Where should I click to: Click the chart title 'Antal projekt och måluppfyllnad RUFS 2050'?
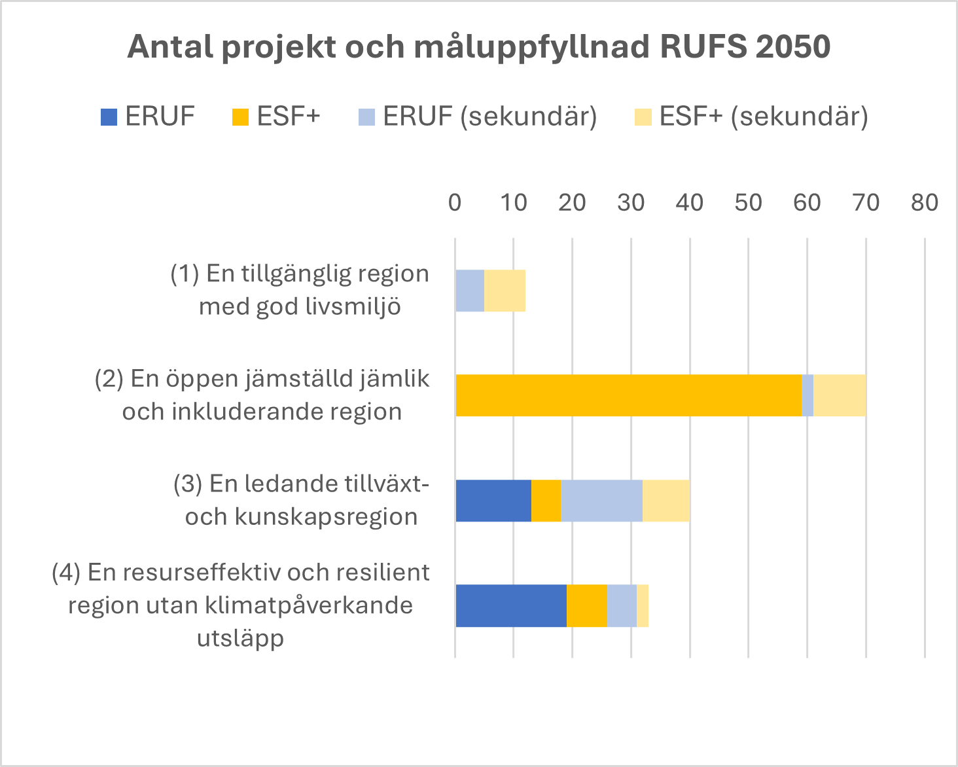coord(478,47)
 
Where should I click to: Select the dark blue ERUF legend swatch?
coord(109,117)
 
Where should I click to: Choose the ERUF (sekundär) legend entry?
coord(478,116)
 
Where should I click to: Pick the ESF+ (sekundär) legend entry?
coord(751,116)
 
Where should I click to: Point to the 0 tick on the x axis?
coord(455,203)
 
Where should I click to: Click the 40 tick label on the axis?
coord(690,203)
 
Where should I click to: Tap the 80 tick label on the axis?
coord(924,203)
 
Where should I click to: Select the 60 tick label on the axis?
coord(807,203)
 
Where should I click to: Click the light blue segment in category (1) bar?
coord(470,291)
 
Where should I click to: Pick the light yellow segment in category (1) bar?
coord(505,291)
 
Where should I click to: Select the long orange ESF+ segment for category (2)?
coord(628,395)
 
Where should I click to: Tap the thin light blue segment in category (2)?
coord(807,395)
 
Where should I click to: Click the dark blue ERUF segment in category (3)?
coord(493,501)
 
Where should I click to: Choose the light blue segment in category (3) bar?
coord(601,501)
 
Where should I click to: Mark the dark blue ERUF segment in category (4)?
coord(510,605)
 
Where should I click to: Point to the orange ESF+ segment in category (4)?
coord(586,605)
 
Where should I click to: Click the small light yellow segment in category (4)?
coord(643,605)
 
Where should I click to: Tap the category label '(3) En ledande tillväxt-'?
coord(301,484)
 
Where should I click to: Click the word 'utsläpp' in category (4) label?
coord(240,637)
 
